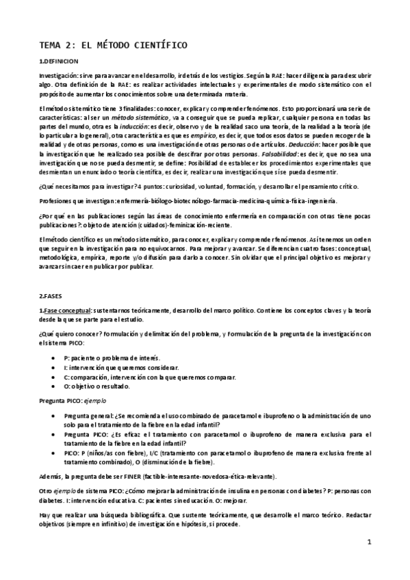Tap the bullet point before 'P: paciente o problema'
click(54, 358)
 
